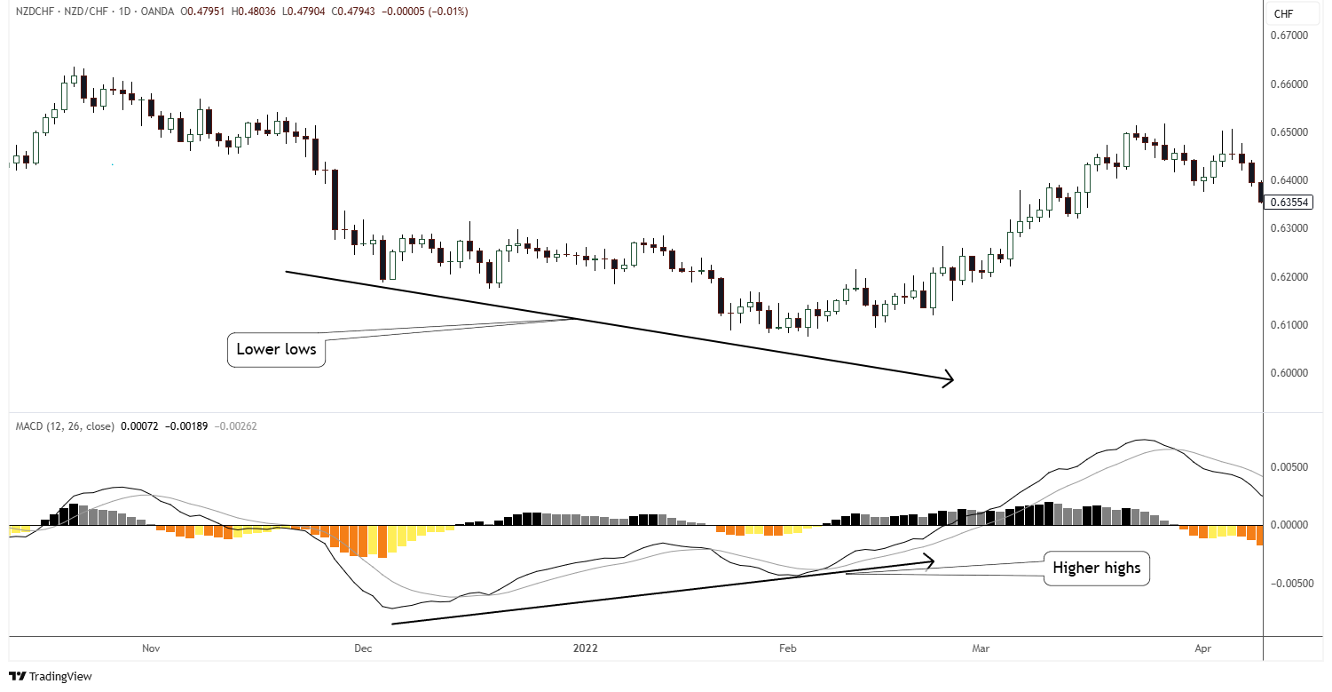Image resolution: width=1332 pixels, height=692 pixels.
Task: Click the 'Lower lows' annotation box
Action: pyautogui.click(x=276, y=350)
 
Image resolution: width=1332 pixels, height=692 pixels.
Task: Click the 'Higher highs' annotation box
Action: pyautogui.click(x=1096, y=568)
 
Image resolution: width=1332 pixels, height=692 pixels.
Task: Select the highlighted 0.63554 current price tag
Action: pyautogui.click(x=1289, y=203)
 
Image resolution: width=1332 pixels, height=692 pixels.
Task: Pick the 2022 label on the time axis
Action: pyautogui.click(x=585, y=648)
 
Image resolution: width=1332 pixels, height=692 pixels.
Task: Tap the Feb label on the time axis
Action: pyautogui.click(x=787, y=648)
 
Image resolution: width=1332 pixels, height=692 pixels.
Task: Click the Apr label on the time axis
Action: pyautogui.click(x=1203, y=648)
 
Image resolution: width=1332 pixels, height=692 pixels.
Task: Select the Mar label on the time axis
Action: pyautogui.click(x=980, y=648)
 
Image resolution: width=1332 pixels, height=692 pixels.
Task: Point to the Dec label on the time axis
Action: pyautogui.click(x=363, y=648)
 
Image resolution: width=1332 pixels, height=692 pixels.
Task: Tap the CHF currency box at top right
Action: pyautogui.click(x=1284, y=13)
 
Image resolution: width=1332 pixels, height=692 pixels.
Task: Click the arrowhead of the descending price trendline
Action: pyautogui.click(x=950, y=379)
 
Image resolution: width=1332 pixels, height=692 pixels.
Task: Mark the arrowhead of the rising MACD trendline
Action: pyautogui.click(x=931, y=561)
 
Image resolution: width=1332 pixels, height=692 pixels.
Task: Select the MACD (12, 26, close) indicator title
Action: pyautogui.click(x=65, y=426)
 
